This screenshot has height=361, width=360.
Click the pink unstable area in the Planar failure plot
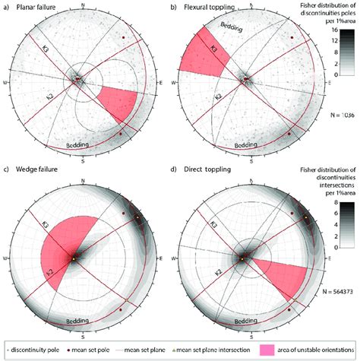118,103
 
